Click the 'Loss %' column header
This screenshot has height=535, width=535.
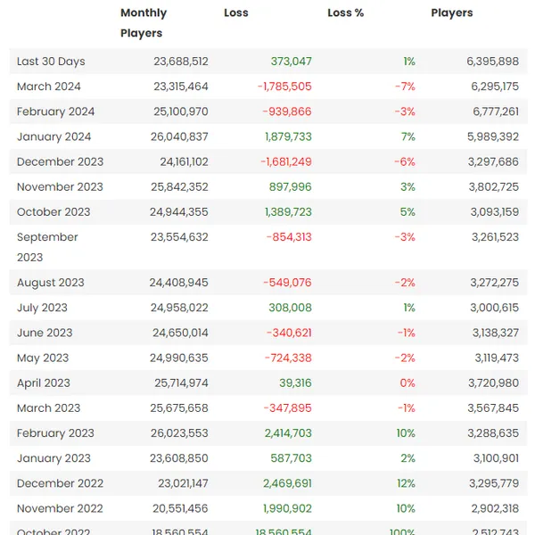pyautogui.click(x=345, y=13)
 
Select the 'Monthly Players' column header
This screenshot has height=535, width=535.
pyautogui.click(x=143, y=23)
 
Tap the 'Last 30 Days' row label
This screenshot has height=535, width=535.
pyautogui.click(x=51, y=62)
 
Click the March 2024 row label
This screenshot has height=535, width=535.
pyautogui.click(x=49, y=86)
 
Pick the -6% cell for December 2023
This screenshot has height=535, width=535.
pyautogui.click(x=406, y=161)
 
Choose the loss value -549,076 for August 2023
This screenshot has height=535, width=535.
pyautogui.click(x=287, y=283)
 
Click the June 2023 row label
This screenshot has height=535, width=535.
pyautogui.click(x=45, y=333)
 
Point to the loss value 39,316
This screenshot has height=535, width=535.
pyautogui.click(x=295, y=383)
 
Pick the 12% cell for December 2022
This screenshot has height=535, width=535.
pyautogui.click(x=406, y=483)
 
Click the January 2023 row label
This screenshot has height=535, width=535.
pyautogui.click(x=53, y=458)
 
